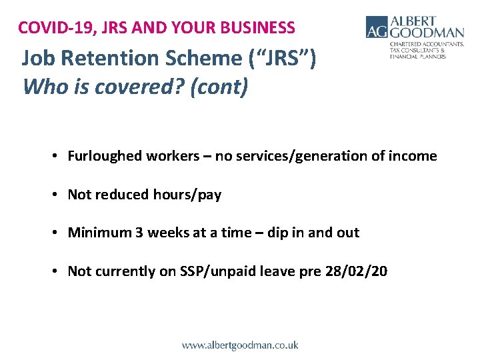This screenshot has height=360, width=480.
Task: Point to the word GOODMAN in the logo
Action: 427,33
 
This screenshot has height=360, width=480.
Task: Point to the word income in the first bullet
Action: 415,156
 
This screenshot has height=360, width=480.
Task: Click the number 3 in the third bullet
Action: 138,233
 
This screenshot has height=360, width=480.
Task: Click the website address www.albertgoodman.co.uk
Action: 240,345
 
